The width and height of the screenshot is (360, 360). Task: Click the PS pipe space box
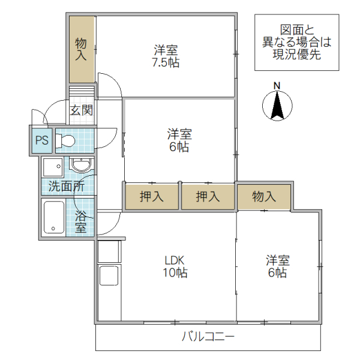point(41,140)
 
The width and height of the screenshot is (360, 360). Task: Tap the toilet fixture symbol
point(66,141)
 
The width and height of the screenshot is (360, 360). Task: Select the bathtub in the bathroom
point(54,218)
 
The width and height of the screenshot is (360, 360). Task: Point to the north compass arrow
point(277,106)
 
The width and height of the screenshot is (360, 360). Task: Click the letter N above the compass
point(277,86)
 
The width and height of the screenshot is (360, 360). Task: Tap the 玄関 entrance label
point(81,110)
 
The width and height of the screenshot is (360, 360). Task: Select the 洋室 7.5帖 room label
point(166,55)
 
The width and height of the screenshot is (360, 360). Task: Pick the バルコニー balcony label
point(208,337)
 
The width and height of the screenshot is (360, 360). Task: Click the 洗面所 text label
point(66,186)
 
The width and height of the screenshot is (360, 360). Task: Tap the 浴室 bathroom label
point(80,222)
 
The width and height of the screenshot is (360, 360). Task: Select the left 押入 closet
point(152,196)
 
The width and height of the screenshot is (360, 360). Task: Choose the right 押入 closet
point(208,196)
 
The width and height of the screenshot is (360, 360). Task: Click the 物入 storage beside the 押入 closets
point(263,196)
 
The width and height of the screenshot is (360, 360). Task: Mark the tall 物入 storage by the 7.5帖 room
point(81,50)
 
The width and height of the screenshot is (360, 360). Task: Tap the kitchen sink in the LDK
point(109,276)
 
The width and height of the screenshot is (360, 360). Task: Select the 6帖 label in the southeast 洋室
point(278,273)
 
